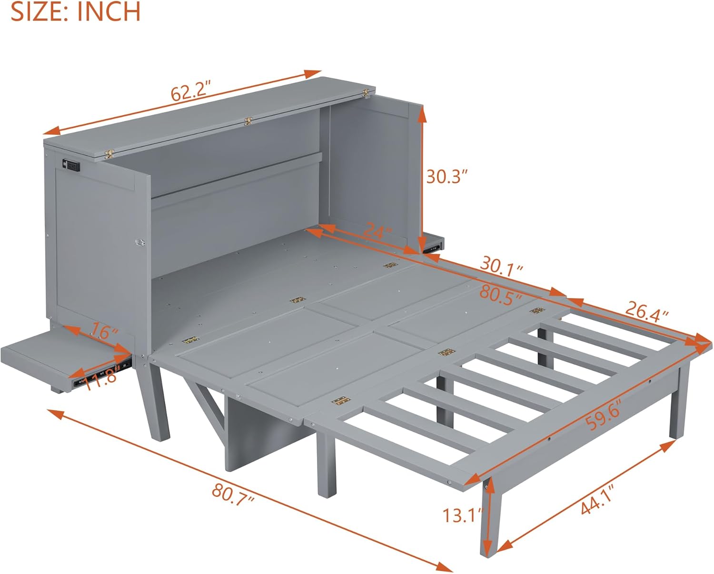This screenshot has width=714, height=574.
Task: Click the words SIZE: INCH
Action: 75,11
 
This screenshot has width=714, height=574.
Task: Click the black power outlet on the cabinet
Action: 71,165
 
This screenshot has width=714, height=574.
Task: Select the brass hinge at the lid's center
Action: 248,121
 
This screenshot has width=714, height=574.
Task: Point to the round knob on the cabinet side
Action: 139,242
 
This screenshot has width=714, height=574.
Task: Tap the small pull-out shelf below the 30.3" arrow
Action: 432,244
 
